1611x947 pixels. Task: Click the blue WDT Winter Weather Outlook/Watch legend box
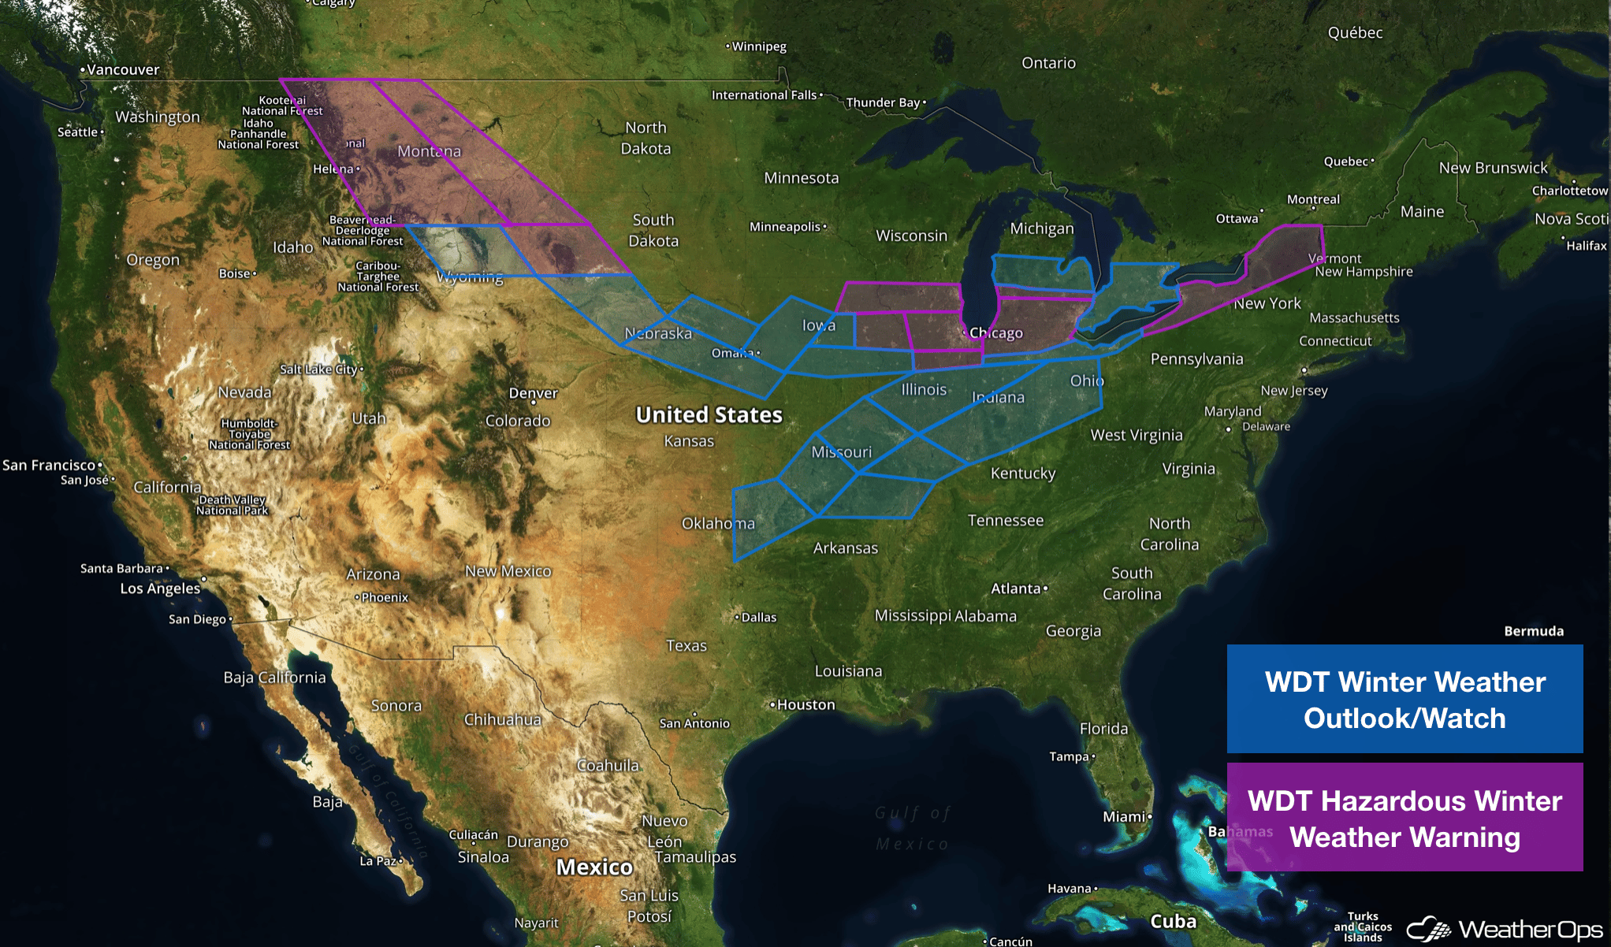(1405, 699)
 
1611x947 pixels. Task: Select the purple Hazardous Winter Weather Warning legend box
(1405, 817)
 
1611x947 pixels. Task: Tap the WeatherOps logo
(1505, 930)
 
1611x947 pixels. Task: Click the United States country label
(709, 414)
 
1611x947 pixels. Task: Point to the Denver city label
(533, 393)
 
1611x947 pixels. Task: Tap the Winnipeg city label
(758, 46)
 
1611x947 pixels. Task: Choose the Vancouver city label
(122, 69)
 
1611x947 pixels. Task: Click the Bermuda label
(1533, 631)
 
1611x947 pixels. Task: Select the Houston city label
(805, 704)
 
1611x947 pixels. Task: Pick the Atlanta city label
(1016, 589)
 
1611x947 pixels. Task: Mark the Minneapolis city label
(785, 227)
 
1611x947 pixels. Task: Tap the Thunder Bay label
(882, 102)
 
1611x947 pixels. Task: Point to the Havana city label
(1069, 889)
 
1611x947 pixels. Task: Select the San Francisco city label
(49, 465)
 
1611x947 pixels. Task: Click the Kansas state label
(689, 441)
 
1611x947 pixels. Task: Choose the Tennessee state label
(1005, 520)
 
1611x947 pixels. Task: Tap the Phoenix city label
(385, 597)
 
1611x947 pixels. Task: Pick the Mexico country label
(594, 867)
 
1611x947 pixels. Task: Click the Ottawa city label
(1237, 219)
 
